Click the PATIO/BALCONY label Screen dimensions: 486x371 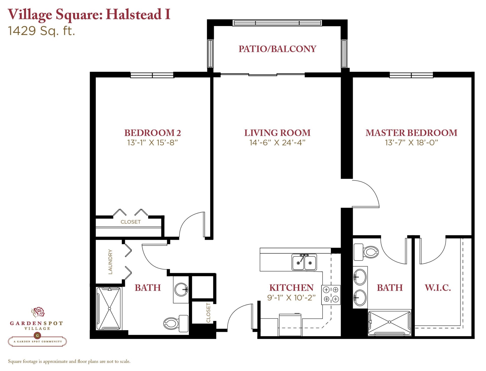(277, 49)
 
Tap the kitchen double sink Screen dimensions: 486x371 (304, 262)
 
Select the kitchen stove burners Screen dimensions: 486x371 (331, 295)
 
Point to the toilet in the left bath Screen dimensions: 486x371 (176, 323)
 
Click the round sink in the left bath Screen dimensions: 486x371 (181, 289)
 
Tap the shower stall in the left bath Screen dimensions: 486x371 (109, 308)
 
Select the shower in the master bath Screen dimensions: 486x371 (389, 322)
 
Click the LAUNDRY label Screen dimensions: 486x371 (110, 262)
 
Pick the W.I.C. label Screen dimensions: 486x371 (438, 288)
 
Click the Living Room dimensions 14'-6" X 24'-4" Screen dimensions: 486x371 (277, 143)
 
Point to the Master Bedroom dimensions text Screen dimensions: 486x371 (411, 143)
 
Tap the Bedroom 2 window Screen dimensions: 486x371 (152, 75)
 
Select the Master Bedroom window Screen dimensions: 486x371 (411, 75)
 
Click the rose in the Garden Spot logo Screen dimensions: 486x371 (38, 312)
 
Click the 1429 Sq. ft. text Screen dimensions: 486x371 (42, 31)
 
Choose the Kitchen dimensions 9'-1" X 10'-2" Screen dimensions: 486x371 (291, 298)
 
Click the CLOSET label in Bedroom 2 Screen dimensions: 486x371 (131, 222)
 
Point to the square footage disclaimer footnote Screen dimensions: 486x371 (69, 361)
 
